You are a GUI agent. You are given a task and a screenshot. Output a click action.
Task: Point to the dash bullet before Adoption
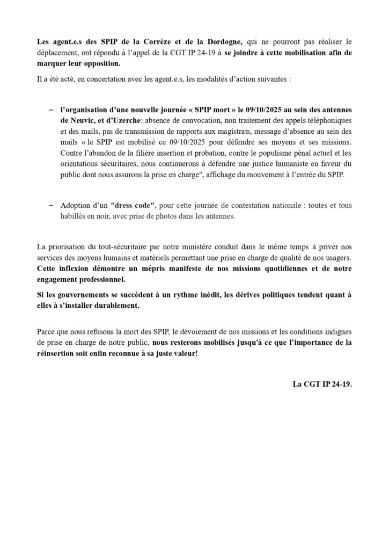click(51, 206)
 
